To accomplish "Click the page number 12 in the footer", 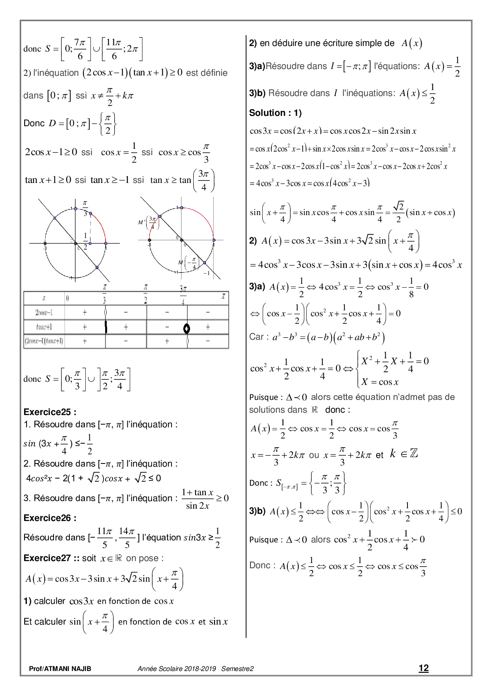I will (423, 668).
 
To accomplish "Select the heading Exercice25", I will (50, 412).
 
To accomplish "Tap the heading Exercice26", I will (50, 518).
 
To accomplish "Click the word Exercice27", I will (47, 558).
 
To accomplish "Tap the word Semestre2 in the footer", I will (237, 669).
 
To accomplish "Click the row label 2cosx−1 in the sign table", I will (44, 313).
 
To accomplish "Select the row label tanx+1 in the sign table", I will (44, 327).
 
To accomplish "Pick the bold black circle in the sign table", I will (186, 328).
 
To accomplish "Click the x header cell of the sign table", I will (44, 298).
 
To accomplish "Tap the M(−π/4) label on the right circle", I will (187, 263).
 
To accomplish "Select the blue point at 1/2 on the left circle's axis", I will (90, 243).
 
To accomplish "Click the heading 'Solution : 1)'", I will (275, 113).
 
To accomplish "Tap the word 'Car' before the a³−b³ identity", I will (256, 337).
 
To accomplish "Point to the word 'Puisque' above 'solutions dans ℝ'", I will (263, 397).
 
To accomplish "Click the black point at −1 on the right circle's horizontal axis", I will (150, 240).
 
